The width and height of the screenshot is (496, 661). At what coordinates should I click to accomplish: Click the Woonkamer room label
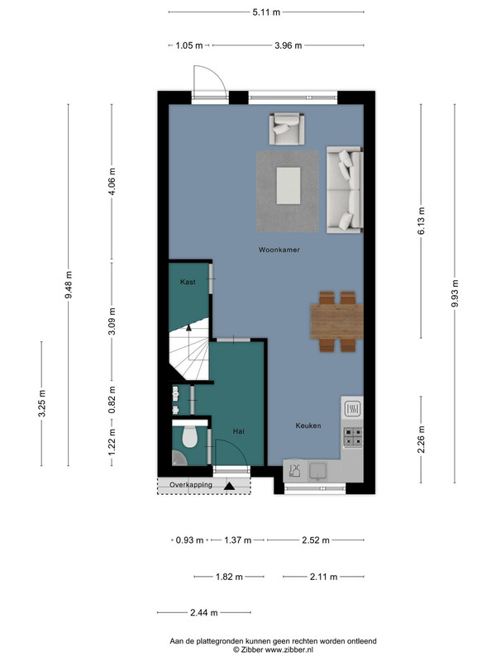(x=279, y=250)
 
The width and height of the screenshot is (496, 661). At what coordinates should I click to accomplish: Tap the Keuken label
(x=308, y=426)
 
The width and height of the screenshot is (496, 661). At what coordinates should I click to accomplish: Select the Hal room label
(x=239, y=431)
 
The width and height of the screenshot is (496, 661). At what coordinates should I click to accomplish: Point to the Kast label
(x=188, y=282)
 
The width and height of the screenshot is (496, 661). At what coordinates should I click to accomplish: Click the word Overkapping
(x=191, y=485)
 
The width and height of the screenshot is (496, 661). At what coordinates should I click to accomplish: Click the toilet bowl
(x=190, y=436)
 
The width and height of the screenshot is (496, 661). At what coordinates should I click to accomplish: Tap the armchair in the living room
(x=287, y=129)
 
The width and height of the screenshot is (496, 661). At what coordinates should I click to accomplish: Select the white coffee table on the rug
(x=289, y=185)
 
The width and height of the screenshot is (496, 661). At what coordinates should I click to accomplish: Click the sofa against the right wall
(x=345, y=190)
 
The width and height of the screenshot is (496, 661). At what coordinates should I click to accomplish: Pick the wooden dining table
(x=337, y=321)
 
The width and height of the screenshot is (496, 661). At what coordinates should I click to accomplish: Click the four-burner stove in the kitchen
(x=353, y=437)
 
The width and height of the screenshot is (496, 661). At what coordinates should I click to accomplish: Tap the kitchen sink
(x=318, y=471)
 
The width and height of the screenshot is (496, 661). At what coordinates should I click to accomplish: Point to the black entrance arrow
(x=230, y=486)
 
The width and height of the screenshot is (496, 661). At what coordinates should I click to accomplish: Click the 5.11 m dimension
(x=266, y=12)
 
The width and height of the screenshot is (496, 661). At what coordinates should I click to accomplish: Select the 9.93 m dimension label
(x=455, y=293)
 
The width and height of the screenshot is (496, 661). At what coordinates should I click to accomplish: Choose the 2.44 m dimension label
(x=204, y=612)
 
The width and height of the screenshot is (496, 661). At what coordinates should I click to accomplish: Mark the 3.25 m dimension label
(x=42, y=403)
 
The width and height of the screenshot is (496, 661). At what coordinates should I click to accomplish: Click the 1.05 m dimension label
(x=189, y=45)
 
